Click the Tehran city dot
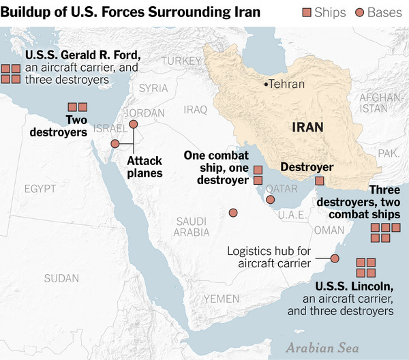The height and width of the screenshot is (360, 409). coord(265,85)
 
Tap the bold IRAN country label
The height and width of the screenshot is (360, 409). coord(308,127)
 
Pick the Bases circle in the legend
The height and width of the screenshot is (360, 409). coord(360,13)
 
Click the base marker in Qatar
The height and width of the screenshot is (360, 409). coord(271,200)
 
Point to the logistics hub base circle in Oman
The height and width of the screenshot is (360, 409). coord(335,258)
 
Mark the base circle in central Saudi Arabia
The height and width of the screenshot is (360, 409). coord(233,213)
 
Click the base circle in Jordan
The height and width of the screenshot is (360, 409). coord(134,124)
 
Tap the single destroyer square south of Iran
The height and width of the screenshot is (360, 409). coord(319,181)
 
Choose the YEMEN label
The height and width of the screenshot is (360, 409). coord(221,299)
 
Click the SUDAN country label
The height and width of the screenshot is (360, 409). coord(61,277)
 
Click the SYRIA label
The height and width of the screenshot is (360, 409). coord(153,88)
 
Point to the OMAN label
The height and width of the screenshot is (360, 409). coord(329,231)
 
